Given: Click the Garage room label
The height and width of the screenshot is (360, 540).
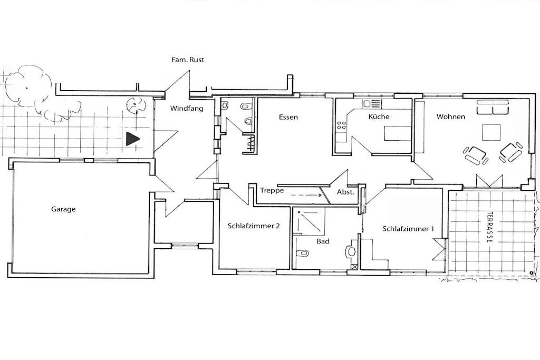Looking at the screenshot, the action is coord(63,209).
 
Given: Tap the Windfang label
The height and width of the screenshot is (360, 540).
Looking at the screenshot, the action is coord(187,109).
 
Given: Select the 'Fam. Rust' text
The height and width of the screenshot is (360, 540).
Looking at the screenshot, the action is coord(188,60).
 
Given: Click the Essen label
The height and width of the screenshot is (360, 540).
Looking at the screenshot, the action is coord(288,117).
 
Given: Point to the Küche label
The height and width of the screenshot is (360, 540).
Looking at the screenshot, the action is coord(379,116).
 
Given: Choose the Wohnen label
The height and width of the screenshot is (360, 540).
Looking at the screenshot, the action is coord(451,116).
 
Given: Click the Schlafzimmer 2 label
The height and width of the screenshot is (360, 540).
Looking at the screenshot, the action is coord(254,226).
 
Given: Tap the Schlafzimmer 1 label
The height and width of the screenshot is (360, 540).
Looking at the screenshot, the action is coord(408,229).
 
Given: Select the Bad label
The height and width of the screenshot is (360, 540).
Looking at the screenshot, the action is coord(323,241).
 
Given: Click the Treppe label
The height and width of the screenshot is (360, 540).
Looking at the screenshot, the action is coord(272,190).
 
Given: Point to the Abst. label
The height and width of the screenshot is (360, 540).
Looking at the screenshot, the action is coord(345,192).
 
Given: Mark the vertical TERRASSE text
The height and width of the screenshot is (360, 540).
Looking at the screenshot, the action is coord(489,227).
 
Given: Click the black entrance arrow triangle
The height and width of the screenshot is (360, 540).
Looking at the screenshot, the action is coord(132,139).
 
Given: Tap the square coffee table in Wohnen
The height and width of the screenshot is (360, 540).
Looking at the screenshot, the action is coord(491,132).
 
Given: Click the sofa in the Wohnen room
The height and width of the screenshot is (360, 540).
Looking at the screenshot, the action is coord(493,107).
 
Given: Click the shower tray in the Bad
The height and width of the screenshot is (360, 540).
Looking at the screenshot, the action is coord(308,221).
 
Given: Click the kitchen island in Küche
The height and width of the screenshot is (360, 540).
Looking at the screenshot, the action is coord(398,133).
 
